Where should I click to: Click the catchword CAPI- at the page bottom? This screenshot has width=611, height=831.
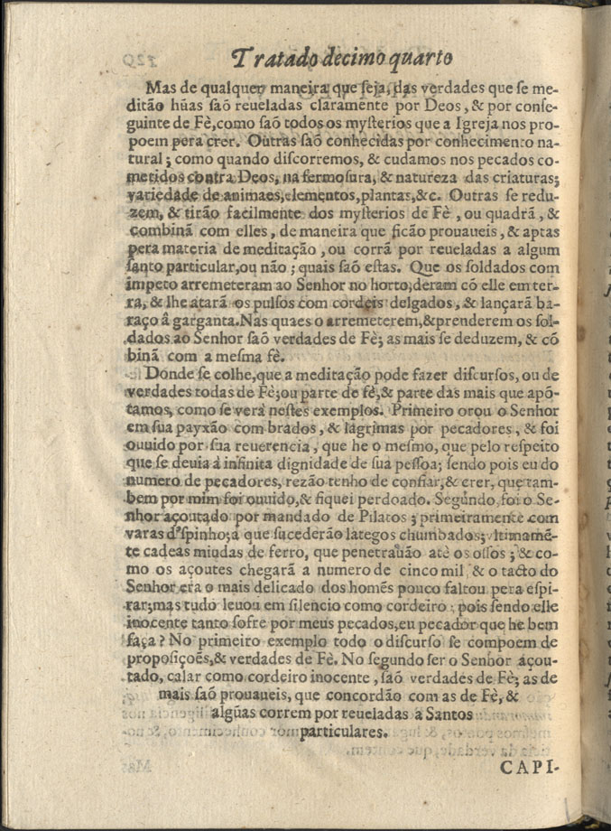coord(528,768)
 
